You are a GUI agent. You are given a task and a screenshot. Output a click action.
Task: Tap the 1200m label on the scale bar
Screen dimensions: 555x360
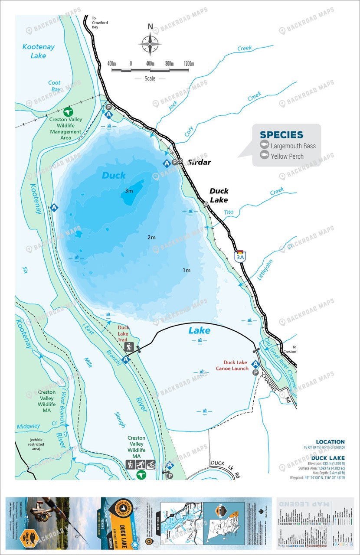pos(189,63)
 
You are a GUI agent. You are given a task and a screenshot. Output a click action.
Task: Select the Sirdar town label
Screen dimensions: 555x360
pos(199,163)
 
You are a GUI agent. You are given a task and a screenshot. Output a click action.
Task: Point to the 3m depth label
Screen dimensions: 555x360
pos(129,191)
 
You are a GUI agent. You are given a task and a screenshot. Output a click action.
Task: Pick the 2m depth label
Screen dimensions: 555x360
pos(151,237)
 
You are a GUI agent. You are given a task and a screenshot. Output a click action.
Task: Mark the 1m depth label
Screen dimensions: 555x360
pos(187,270)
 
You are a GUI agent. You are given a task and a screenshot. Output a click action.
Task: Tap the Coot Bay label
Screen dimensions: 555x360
pos(55,86)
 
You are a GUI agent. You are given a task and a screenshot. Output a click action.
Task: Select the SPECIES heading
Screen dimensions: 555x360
pos(281,135)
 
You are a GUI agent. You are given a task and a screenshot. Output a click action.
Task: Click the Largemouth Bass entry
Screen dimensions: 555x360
pos(293,146)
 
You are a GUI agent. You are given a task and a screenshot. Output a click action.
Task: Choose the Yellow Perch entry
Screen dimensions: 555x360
pos(287,156)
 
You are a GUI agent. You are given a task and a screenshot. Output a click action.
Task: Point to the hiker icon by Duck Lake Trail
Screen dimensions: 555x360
pos(128,347)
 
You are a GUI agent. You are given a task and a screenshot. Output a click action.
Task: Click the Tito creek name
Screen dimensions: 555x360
pos(229,212)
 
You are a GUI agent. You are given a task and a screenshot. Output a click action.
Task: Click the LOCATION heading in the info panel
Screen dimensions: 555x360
pos(330,442)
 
